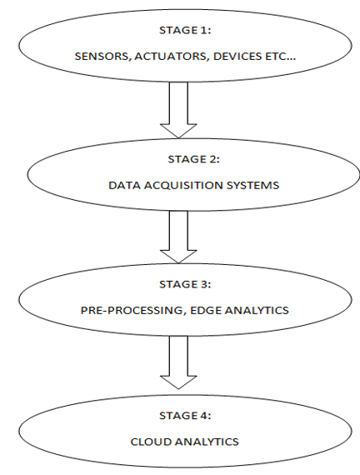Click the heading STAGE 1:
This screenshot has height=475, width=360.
[x=185, y=30]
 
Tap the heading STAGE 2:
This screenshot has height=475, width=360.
[x=193, y=159]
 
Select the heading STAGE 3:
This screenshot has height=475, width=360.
[x=185, y=284]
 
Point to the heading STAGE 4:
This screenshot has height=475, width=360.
[x=185, y=416]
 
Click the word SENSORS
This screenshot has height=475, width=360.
[x=102, y=57]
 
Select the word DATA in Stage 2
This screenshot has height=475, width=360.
[x=124, y=185]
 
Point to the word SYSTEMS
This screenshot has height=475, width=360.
[x=252, y=185]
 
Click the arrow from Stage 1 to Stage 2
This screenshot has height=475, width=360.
[x=178, y=110]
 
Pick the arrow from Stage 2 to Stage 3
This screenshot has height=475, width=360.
[x=178, y=237]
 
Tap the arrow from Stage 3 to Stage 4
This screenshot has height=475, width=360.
[x=178, y=362]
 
